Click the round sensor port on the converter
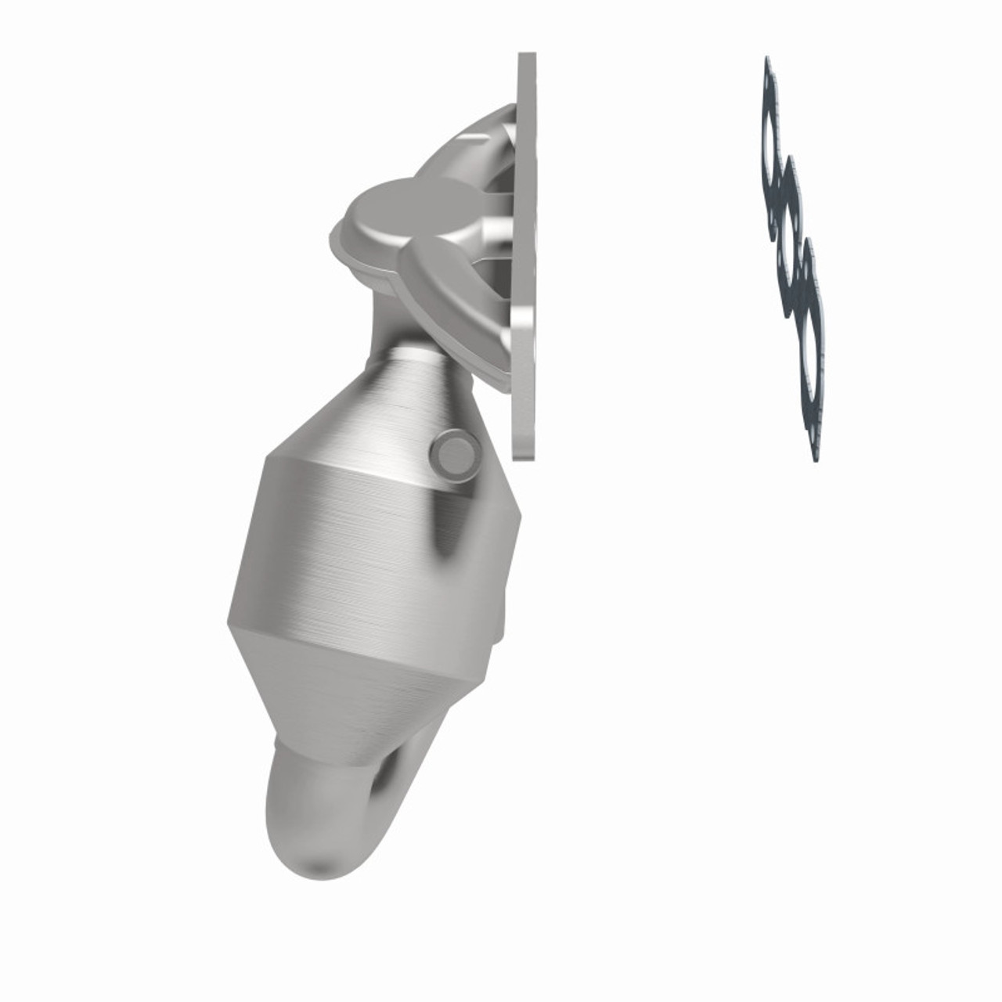click(455, 453)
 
